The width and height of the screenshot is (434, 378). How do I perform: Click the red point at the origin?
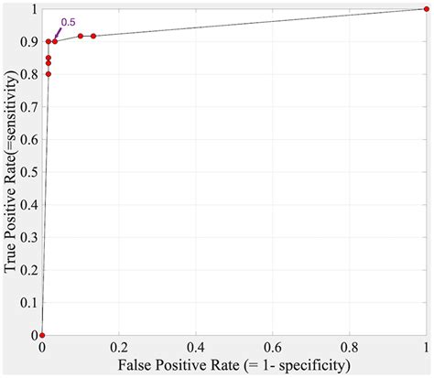coord(42,335)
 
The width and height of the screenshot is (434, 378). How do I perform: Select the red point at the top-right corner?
coord(427,9)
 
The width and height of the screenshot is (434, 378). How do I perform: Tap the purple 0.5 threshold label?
coord(68,22)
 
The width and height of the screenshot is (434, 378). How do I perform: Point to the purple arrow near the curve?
coord(58,34)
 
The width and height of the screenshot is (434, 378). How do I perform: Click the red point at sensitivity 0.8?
coord(49,74)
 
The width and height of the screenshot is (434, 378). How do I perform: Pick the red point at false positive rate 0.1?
coord(81,36)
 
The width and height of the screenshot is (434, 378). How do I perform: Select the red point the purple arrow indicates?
coord(55,41)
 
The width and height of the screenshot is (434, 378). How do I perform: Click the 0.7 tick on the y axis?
coord(29,107)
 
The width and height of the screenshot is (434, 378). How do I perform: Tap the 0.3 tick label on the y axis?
coord(29,237)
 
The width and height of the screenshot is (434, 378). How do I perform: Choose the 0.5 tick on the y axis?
coord(29,172)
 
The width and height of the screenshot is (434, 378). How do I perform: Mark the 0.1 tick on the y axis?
coord(29,303)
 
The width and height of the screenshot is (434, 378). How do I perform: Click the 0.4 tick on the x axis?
coord(196,348)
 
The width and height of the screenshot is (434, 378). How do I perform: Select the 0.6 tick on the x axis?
coord(273,348)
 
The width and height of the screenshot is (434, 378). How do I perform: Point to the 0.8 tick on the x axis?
coord(350,348)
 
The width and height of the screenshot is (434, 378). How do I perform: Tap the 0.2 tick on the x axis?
coord(119,348)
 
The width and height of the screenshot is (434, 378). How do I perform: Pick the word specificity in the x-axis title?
coord(313,366)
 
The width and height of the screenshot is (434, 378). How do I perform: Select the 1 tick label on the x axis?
coord(427,348)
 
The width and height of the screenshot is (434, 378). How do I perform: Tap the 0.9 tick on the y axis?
coord(29,42)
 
